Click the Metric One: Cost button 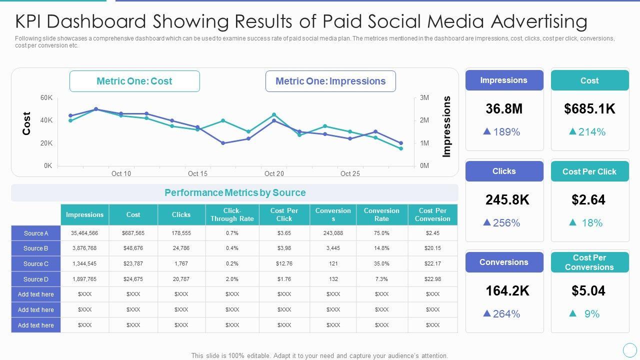coord(134,81)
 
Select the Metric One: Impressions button coord(330,81)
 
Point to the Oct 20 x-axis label coord(274,173)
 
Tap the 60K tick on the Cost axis coord(46,97)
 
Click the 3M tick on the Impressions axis coord(424,97)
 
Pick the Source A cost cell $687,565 coord(133,233)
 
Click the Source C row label coord(36,263)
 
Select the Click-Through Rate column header coord(232,214)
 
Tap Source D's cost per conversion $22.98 coord(432,279)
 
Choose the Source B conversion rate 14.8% coord(381,248)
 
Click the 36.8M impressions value coord(504,109)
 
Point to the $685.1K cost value coord(589,109)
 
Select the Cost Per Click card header coord(589,171)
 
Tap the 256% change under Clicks coord(506,223)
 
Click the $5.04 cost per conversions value coord(588,291)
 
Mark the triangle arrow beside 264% coord(487,313)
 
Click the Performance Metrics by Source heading coord(235,192)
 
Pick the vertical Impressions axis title coord(446,126)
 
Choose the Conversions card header coord(504,262)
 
